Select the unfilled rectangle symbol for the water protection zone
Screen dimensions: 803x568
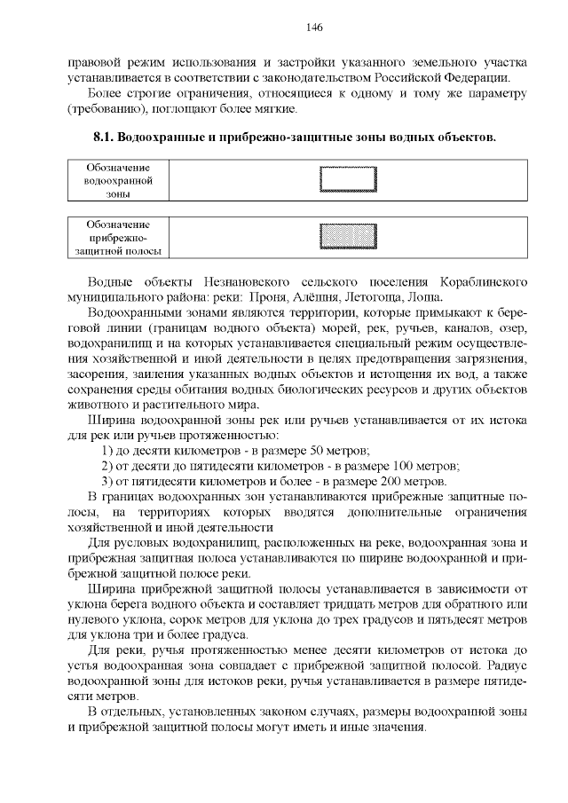348,180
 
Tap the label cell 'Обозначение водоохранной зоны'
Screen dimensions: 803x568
117,180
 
